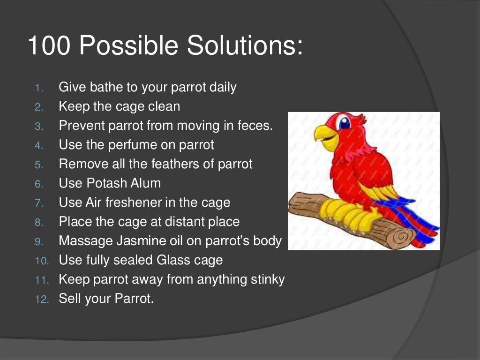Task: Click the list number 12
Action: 41,299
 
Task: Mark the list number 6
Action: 39,184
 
